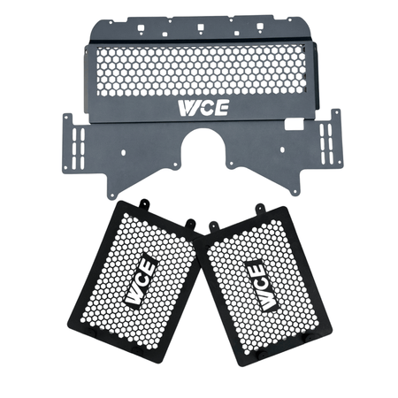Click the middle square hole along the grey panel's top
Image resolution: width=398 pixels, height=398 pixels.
click(x=201, y=27)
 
